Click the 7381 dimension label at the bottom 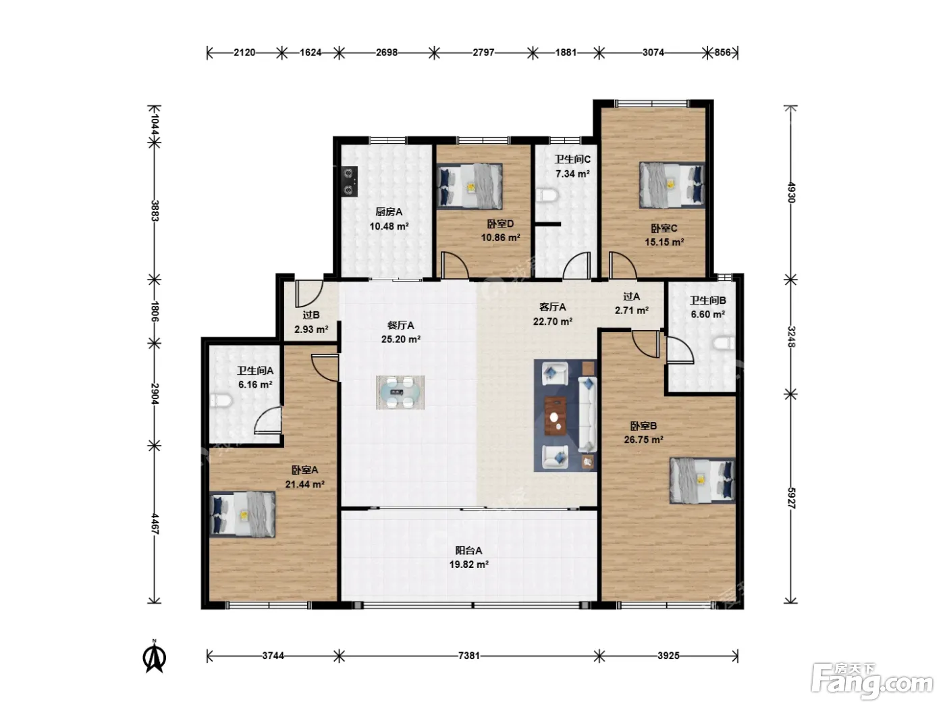[469, 656]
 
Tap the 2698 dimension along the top [387, 53]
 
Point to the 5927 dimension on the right [791, 498]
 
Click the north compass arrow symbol [155, 657]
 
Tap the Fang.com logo [872, 681]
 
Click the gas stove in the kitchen [350, 182]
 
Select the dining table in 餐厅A [400, 392]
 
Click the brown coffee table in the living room [556, 417]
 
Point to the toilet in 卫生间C [547, 196]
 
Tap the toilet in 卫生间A [221, 401]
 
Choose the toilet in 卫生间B [724, 344]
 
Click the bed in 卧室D [470, 186]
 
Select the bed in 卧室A [243, 515]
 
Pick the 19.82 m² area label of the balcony [469, 564]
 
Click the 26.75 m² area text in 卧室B [644, 440]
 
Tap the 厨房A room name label [389, 212]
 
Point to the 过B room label [311, 315]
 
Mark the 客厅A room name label [552, 307]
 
